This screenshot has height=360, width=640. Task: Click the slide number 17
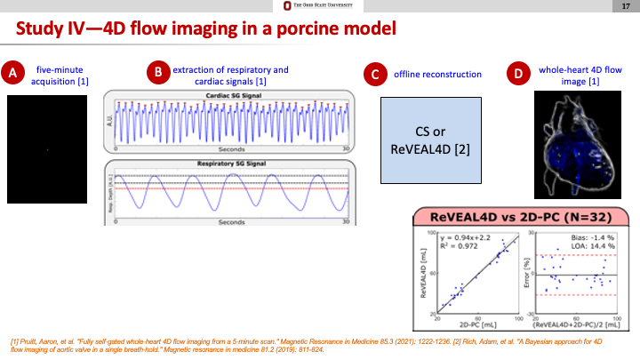[x=626, y=7]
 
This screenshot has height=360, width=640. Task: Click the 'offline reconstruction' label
[x=438, y=74]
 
